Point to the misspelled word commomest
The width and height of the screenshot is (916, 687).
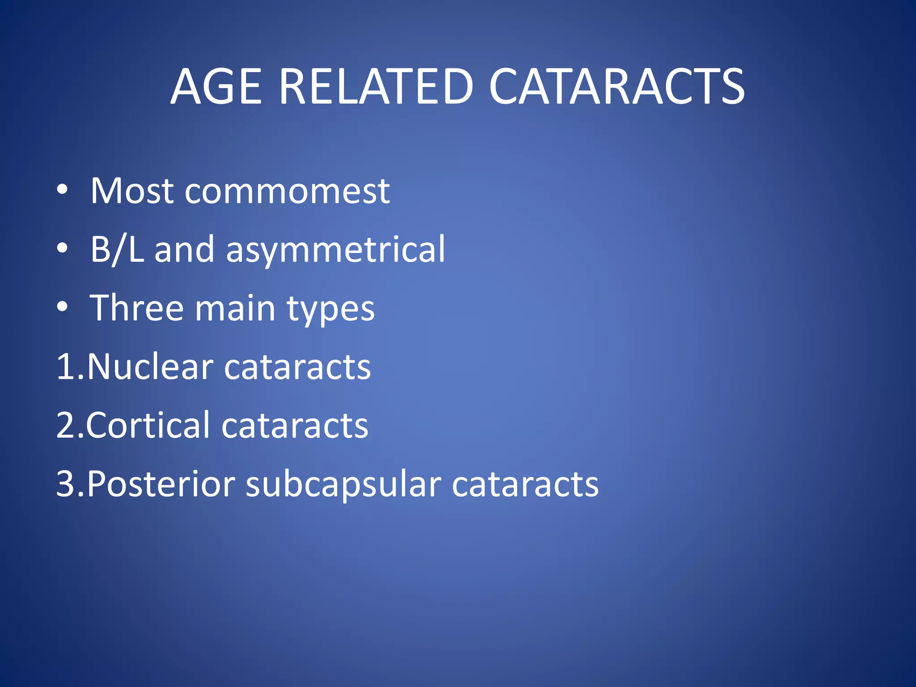287,192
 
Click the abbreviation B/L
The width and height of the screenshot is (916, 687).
117,249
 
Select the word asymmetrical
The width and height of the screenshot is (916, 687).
335,250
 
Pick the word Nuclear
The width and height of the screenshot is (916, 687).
150,367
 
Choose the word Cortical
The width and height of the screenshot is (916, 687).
148,425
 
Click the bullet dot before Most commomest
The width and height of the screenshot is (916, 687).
62,190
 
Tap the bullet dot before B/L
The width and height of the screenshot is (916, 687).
62,248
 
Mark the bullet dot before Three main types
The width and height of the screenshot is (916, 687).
62,307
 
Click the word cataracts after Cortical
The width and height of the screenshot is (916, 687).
295,425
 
